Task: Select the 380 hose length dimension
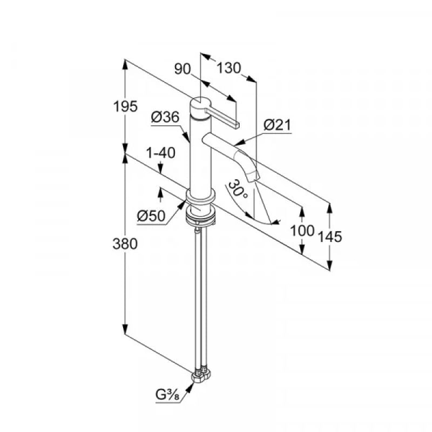[x=126, y=244]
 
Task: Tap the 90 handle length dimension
[x=184, y=69]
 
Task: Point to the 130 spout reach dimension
[x=228, y=69]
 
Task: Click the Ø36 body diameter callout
[x=165, y=117]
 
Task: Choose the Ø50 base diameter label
[x=151, y=216]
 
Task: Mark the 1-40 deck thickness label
[x=161, y=153]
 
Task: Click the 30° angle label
[x=238, y=190]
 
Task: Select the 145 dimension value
[x=330, y=236]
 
